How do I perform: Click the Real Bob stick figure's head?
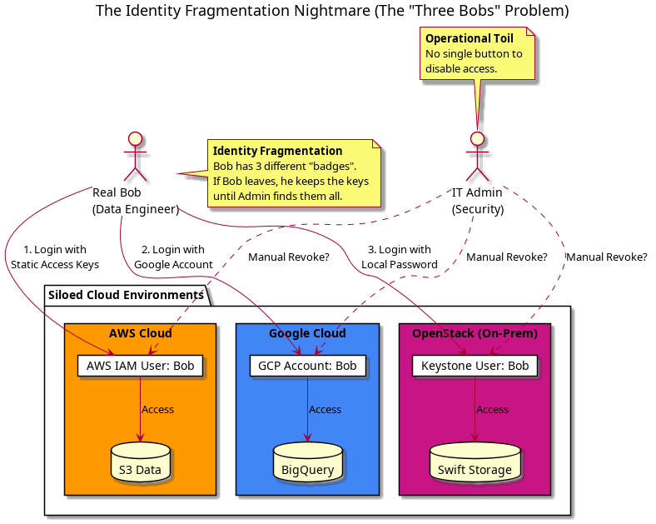point(135,137)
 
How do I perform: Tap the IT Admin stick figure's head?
point(477,137)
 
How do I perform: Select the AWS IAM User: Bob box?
point(140,366)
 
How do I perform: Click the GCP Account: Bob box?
point(307,366)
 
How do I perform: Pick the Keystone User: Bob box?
point(475,366)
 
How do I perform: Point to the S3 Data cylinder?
point(140,464)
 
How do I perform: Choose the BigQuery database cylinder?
point(307,464)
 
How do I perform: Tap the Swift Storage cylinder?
point(475,464)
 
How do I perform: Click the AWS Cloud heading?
point(140,333)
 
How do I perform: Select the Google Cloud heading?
point(307,333)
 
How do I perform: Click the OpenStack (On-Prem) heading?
point(475,333)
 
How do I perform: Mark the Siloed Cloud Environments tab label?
point(126,295)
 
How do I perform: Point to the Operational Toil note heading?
point(470,38)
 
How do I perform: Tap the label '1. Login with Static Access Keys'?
point(55,257)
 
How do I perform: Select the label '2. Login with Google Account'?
point(173,257)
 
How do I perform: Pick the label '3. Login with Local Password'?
point(400,257)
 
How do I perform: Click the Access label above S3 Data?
point(157,410)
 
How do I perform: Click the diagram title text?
point(332,11)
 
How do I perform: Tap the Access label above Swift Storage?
point(492,410)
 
